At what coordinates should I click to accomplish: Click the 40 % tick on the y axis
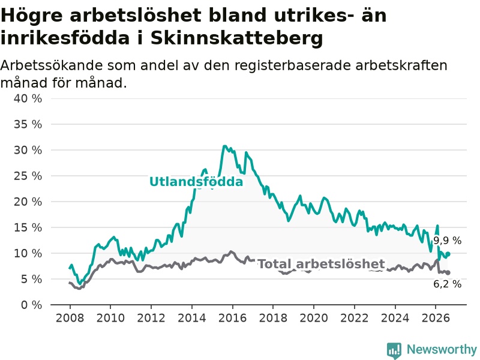click(28, 98)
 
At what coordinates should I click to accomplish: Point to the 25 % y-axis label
click(28, 176)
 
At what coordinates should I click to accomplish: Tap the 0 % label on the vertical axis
click(31, 305)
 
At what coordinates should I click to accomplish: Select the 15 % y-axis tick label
click(28, 227)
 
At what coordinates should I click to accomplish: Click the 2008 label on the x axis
click(70, 318)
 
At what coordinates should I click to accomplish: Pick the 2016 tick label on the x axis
click(232, 318)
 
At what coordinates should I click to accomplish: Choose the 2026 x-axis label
click(436, 318)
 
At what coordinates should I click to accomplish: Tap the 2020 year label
click(314, 318)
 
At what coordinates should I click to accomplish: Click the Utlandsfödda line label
click(196, 182)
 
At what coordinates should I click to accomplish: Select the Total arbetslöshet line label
click(321, 264)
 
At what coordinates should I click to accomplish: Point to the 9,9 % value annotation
click(447, 241)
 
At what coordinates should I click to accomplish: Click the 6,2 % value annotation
click(447, 284)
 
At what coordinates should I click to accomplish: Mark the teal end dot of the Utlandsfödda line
click(448, 254)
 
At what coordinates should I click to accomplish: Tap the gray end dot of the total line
click(448, 273)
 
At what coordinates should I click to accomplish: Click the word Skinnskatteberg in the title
click(236, 38)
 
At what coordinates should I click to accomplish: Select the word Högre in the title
click(32, 16)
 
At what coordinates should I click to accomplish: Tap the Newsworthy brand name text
click(442, 349)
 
